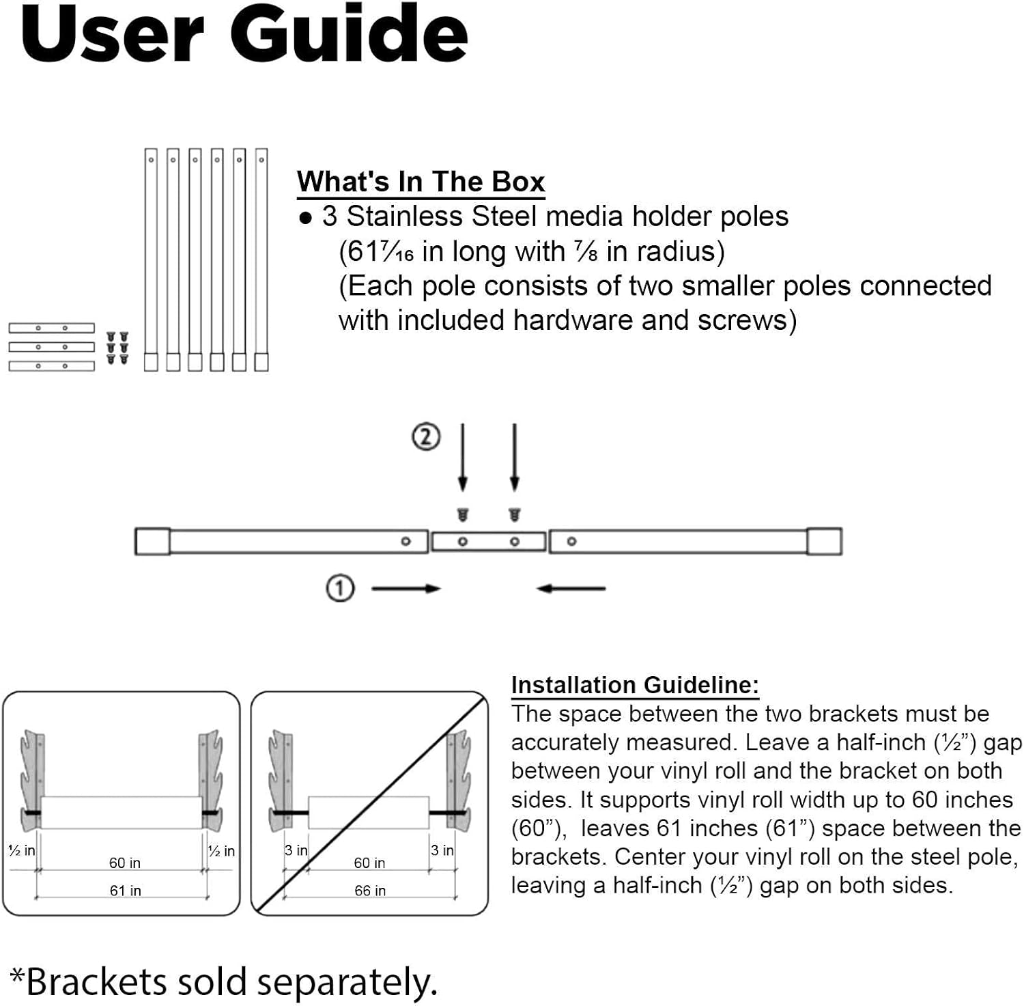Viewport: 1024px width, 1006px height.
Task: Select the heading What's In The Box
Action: (421, 182)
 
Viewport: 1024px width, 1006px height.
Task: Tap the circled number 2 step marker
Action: (426, 436)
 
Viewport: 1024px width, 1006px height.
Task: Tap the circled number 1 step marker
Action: (340, 588)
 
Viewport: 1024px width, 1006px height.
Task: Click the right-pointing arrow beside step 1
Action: (406, 588)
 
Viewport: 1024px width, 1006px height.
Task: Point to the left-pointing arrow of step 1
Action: (571, 588)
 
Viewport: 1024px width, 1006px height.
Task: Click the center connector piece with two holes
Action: (488, 542)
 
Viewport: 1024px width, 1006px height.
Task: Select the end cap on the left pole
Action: (152, 541)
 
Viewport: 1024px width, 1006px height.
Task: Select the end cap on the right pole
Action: (824, 541)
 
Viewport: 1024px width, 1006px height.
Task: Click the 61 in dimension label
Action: (125, 891)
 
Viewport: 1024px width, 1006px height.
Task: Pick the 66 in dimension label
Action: (370, 891)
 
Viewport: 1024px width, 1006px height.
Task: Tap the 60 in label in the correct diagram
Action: (125, 863)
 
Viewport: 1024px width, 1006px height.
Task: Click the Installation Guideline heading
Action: (635, 685)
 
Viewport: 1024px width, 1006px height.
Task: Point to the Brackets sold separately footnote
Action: (223, 981)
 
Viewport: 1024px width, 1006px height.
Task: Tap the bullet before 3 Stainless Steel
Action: (306, 219)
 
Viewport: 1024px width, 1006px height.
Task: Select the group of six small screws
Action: (117, 348)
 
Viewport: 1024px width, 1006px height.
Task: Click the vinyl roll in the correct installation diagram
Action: (122, 812)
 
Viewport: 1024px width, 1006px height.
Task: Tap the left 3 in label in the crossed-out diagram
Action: (296, 850)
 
